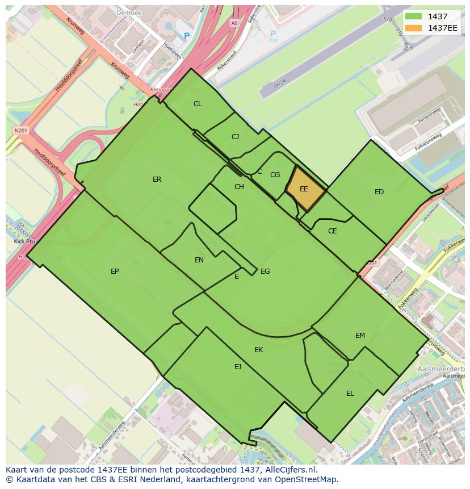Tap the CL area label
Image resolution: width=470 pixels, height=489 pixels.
[x=198, y=104]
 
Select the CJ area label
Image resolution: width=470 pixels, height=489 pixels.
[x=236, y=137]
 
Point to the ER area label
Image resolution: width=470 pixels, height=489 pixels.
[x=157, y=179]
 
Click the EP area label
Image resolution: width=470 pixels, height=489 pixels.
[x=115, y=271]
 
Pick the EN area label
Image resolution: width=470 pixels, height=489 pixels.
[x=199, y=260]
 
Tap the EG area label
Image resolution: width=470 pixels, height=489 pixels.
[x=265, y=271]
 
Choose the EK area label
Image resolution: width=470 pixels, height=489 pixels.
[x=258, y=350]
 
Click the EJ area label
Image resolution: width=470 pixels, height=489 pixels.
[x=238, y=367]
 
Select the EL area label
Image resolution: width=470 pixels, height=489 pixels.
[x=350, y=394]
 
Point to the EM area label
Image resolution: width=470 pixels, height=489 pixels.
[x=360, y=336]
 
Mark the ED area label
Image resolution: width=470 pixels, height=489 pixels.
[x=379, y=192]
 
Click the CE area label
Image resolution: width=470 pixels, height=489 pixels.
[x=333, y=231]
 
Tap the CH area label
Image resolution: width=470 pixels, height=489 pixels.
[x=239, y=187]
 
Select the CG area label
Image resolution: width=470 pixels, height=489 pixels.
[x=275, y=175]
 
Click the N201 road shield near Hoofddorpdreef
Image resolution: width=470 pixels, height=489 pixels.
[x=20, y=130]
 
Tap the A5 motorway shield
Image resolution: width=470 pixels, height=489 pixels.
[x=234, y=23]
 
